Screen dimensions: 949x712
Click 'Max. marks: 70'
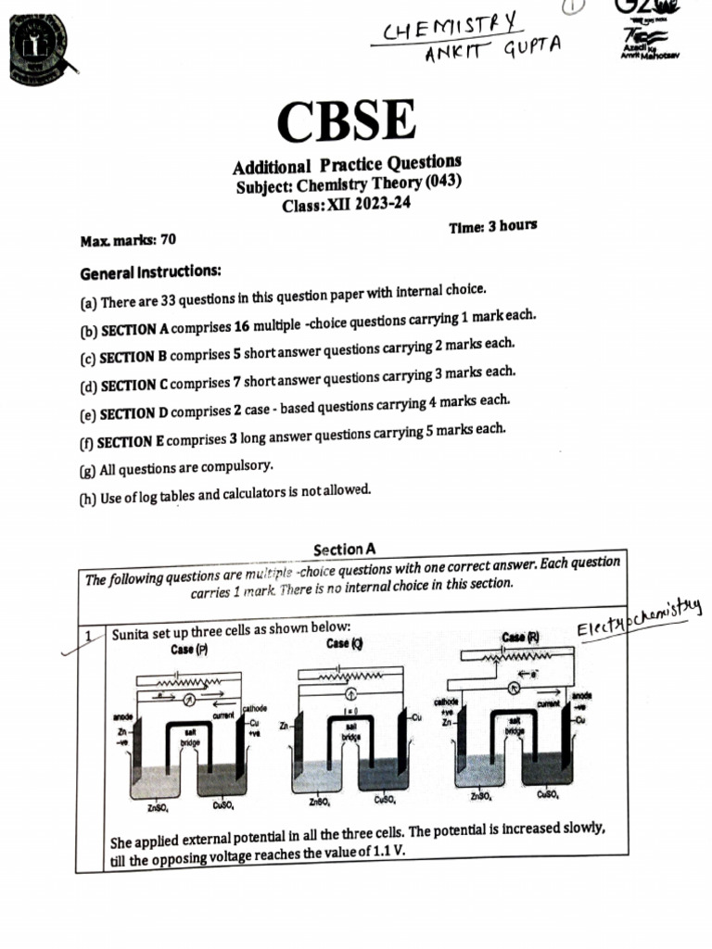tap(128, 240)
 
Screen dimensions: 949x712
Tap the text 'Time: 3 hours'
tap(492, 226)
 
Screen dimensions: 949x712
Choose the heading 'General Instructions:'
tap(150, 273)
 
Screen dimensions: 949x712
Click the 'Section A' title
tap(345, 549)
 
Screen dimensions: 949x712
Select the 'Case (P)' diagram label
tap(189, 650)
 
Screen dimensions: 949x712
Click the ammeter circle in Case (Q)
tap(351, 693)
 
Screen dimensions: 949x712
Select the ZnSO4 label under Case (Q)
tap(321, 802)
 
